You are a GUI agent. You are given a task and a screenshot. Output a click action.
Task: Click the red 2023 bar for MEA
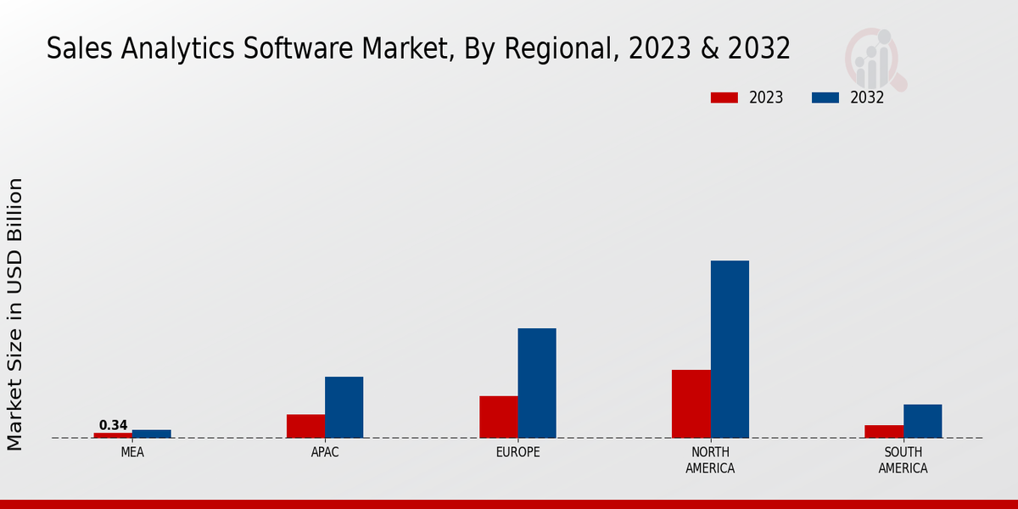[113, 435]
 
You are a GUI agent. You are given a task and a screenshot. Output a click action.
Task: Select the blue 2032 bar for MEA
[151, 433]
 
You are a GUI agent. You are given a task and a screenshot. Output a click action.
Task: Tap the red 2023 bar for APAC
[305, 426]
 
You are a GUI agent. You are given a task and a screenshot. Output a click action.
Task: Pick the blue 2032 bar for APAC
[344, 407]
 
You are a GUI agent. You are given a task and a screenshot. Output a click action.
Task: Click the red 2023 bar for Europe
[498, 417]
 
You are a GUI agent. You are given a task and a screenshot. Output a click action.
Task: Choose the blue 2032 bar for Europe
[537, 383]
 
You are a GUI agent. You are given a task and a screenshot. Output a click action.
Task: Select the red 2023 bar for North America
[691, 404]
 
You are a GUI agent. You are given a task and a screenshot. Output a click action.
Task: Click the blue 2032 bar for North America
[730, 349]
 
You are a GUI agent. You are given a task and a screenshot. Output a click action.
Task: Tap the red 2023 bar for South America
[883, 431]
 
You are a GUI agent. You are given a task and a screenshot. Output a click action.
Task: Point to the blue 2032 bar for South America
[922, 421]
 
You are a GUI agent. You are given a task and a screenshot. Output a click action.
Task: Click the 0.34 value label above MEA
[113, 425]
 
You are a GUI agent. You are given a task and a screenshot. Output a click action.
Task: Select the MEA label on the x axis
[132, 452]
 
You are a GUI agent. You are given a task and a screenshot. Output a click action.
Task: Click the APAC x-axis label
[325, 452]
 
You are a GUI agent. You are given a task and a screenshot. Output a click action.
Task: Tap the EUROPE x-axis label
[517, 452]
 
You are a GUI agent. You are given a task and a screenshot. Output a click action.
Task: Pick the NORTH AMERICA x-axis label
[710, 460]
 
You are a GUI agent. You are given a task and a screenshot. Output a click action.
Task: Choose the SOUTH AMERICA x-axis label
[903, 460]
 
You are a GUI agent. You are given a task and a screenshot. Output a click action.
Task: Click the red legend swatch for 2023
[724, 98]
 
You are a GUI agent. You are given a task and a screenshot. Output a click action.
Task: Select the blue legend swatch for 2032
[825, 98]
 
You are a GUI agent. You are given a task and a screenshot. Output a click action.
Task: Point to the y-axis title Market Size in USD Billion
[15, 314]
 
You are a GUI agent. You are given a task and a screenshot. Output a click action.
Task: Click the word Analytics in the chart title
[171, 49]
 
